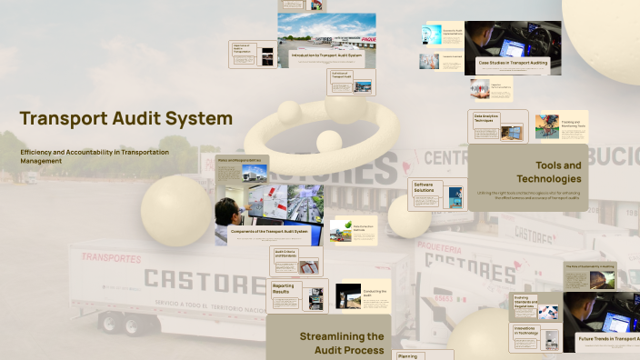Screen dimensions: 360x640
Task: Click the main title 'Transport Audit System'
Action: tap(125, 119)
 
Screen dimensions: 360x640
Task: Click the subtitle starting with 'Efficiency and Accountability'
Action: tap(95, 155)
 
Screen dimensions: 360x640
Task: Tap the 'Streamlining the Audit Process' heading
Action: tap(341, 343)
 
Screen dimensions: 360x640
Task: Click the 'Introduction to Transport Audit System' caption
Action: tap(326, 55)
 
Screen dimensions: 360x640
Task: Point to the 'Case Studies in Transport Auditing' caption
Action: tap(513, 62)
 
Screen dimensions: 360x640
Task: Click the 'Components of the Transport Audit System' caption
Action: tap(269, 232)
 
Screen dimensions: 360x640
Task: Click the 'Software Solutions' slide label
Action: tap(424, 186)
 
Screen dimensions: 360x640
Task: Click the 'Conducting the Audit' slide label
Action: tap(375, 293)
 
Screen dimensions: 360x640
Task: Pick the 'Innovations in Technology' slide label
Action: tap(525, 331)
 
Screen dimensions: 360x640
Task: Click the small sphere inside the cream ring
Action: tap(329, 141)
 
